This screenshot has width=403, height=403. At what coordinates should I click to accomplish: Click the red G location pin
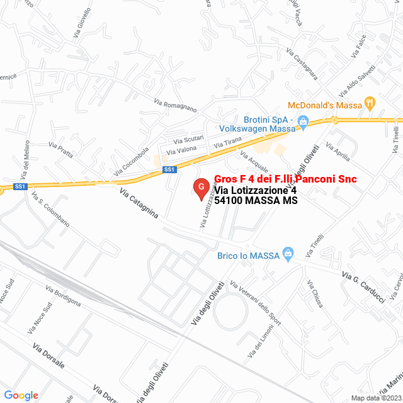point(200,188)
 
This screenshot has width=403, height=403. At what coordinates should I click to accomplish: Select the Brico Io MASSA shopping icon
point(288,255)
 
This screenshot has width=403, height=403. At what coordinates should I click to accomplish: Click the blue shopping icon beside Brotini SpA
point(302,122)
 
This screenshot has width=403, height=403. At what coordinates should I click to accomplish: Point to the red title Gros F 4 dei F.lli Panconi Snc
point(285,179)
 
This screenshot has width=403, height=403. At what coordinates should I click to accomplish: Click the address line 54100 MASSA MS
point(256,201)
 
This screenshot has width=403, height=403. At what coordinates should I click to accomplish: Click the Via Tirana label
point(227,144)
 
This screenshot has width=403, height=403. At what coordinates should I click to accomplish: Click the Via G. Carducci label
point(363,288)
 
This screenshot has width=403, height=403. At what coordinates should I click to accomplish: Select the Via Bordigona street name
point(63,295)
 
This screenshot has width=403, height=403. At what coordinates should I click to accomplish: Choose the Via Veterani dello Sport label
point(256,304)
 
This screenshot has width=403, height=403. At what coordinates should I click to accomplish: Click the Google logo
point(21,395)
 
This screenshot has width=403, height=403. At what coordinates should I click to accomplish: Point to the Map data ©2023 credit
point(375,398)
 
